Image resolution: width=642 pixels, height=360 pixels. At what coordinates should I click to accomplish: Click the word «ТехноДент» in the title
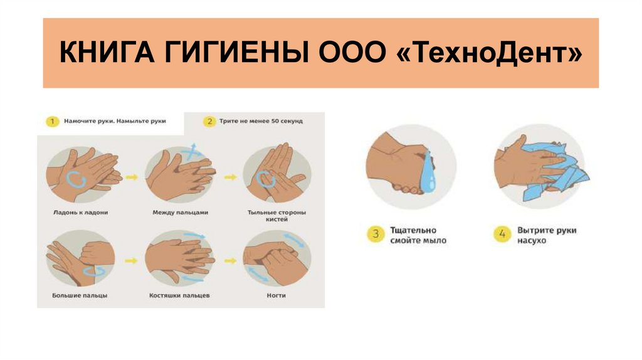click(490, 53)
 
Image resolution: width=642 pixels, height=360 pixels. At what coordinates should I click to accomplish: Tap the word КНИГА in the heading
click(107, 53)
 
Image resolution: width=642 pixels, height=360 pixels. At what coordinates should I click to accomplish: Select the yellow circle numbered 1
click(53, 121)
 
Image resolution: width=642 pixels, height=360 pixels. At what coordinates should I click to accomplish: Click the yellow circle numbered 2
click(209, 121)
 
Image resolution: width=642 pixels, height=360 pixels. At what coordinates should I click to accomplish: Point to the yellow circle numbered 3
click(376, 235)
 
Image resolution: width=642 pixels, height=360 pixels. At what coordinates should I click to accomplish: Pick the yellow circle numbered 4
click(502, 235)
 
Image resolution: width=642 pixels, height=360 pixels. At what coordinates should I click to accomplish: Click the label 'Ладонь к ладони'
click(81, 213)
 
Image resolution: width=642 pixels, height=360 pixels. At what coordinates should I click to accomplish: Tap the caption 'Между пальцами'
click(180, 213)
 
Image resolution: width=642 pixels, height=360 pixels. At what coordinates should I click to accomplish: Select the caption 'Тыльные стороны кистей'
click(276, 216)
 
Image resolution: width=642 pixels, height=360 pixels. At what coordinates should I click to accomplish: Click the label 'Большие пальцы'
click(80, 295)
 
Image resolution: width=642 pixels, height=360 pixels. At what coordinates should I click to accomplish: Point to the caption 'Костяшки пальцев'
click(179, 295)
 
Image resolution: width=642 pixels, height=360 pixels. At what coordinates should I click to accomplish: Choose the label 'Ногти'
click(276, 295)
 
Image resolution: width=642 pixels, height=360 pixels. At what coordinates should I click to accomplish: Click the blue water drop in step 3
click(428, 172)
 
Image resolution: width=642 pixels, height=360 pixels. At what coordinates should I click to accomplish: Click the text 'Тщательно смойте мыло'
click(418, 235)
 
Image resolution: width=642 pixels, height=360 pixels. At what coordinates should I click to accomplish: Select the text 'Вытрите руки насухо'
click(547, 235)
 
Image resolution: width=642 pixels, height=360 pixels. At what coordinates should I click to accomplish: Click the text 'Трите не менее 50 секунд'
click(261, 121)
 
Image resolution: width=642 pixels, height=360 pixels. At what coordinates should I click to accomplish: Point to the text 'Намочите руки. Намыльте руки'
click(115, 121)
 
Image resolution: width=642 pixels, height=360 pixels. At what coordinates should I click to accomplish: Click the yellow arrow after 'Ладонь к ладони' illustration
click(132, 177)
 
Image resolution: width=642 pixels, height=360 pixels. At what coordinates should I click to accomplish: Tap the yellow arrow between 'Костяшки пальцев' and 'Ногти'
click(231, 261)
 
